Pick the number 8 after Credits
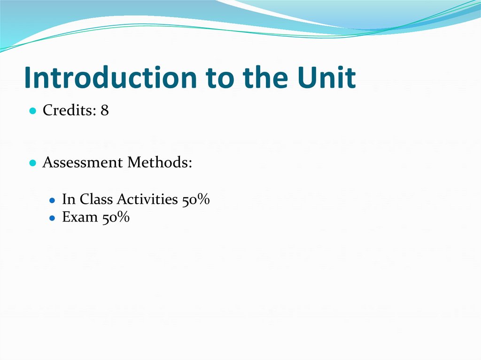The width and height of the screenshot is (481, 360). pyautogui.click(x=104, y=111)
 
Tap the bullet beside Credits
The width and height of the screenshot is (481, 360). pyautogui.click(x=32, y=111)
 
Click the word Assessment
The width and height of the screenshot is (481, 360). pyautogui.click(x=83, y=163)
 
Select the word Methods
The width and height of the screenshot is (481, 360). pyautogui.click(x=160, y=163)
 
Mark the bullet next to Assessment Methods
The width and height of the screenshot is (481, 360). pyautogui.click(x=32, y=163)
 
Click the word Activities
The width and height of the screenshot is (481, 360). pyautogui.click(x=147, y=199)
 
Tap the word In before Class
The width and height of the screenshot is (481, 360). pyautogui.click(x=69, y=199)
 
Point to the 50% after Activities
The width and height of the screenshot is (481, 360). pyautogui.click(x=195, y=200)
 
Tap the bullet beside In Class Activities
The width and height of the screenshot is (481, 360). pyautogui.click(x=53, y=200)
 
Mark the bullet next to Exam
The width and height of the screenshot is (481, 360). pyautogui.click(x=53, y=218)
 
